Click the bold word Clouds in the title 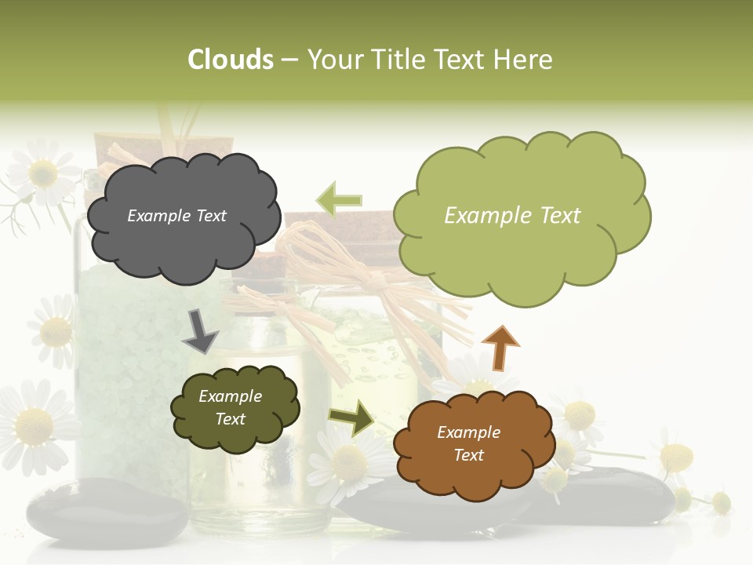click(230, 60)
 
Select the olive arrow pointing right click(351, 417)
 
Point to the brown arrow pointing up click(500, 347)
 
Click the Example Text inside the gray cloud click(176, 216)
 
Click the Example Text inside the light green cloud click(512, 216)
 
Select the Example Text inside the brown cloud click(468, 443)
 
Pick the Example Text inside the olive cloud click(230, 407)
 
